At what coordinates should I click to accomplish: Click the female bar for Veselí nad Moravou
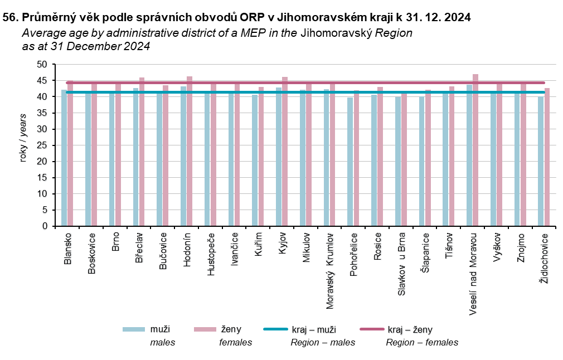point(475,150)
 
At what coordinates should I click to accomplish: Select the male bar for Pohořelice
point(350,162)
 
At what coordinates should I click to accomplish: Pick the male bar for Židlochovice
point(541,162)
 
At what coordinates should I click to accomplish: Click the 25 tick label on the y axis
point(43,145)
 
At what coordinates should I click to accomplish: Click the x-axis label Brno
point(115,242)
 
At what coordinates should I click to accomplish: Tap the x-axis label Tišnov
point(449,245)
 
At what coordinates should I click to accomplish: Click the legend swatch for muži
point(134,329)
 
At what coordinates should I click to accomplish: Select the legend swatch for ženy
point(205,329)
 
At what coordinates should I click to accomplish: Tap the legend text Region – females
point(422,342)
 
